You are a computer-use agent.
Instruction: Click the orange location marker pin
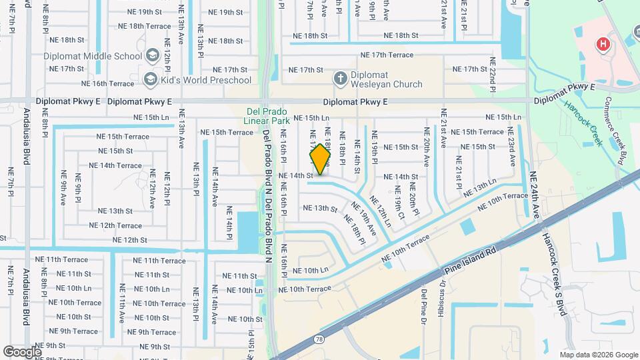(321, 159)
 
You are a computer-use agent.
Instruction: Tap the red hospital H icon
(603, 45)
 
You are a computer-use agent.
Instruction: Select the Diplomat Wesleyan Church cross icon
(340, 79)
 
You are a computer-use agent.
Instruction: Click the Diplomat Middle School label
(93, 56)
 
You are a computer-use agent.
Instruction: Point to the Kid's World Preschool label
(206, 80)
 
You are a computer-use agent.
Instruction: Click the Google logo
(22, 352)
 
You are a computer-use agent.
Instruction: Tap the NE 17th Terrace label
(387, 55)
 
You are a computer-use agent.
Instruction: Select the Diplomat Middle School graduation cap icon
(151, 56)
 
